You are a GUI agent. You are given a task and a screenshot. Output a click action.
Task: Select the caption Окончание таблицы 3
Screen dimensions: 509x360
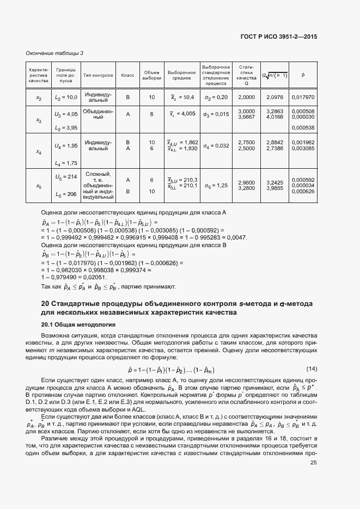55,53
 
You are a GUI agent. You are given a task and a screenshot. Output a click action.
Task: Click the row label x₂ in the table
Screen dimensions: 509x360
39,97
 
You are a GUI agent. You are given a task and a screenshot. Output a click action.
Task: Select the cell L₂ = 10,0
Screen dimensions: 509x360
66,97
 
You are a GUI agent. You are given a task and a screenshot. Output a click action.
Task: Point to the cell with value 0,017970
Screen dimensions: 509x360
303,97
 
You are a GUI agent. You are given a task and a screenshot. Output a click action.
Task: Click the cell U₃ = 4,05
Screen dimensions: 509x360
66,114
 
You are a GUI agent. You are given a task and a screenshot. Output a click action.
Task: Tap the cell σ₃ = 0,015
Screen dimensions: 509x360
214,114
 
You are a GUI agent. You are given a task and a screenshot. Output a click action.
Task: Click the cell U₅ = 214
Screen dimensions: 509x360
66,177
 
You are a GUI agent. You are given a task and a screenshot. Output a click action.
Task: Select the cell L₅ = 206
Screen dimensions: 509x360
66,194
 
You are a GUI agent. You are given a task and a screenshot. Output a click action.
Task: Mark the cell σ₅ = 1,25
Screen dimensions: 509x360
214,186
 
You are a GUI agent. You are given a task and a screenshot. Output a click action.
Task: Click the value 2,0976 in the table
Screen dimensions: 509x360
273,97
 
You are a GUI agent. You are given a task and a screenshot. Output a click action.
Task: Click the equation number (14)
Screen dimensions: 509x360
312,369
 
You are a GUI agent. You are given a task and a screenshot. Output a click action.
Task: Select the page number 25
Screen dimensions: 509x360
313,463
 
